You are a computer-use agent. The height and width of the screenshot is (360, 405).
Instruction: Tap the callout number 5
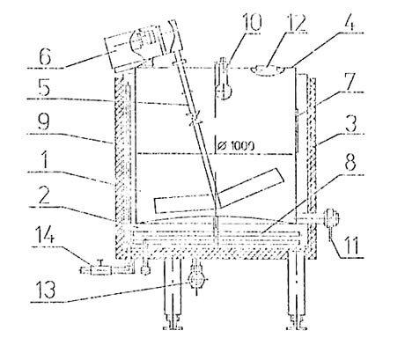tap(44, 87)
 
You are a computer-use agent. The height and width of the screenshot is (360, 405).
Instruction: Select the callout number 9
tap(44, 122)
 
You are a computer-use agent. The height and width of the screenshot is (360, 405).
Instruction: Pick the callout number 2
tap(45, 195)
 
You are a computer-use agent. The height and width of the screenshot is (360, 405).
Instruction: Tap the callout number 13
tap(45, 289)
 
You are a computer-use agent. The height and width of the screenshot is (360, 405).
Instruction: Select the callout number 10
tap(250, 22)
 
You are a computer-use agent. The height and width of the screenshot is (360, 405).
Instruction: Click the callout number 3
tap(351, 122)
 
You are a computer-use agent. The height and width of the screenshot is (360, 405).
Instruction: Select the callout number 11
tap(351, 246)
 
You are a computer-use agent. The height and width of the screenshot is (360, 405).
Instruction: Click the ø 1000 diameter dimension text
tap(237, 145)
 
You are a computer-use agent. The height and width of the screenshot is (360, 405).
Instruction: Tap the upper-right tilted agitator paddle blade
tap(251, 188)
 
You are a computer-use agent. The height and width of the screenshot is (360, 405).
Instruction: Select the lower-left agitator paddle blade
tap(185, 204)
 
